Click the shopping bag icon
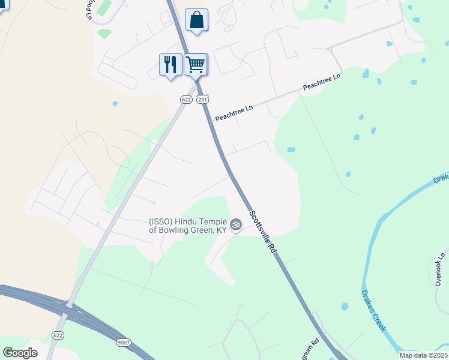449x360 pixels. (196, 20)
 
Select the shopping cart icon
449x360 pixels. (195, 64)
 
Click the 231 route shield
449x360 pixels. (203, 99)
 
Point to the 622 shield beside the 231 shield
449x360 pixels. (186, 99)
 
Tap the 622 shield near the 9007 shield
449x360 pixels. (58, 335)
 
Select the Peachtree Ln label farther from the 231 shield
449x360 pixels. (322, 83)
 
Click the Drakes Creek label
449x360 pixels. (374, 311)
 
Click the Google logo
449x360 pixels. (20, 353)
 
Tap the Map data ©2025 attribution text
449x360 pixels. (423, 355)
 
